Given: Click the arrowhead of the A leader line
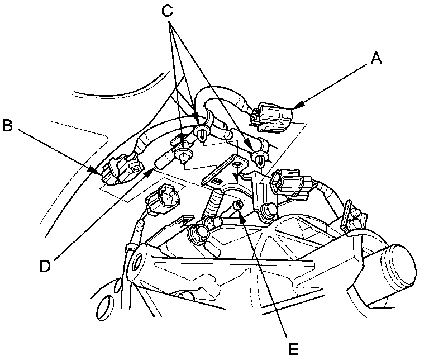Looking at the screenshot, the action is pyautogui.click(x=294, y=106).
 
